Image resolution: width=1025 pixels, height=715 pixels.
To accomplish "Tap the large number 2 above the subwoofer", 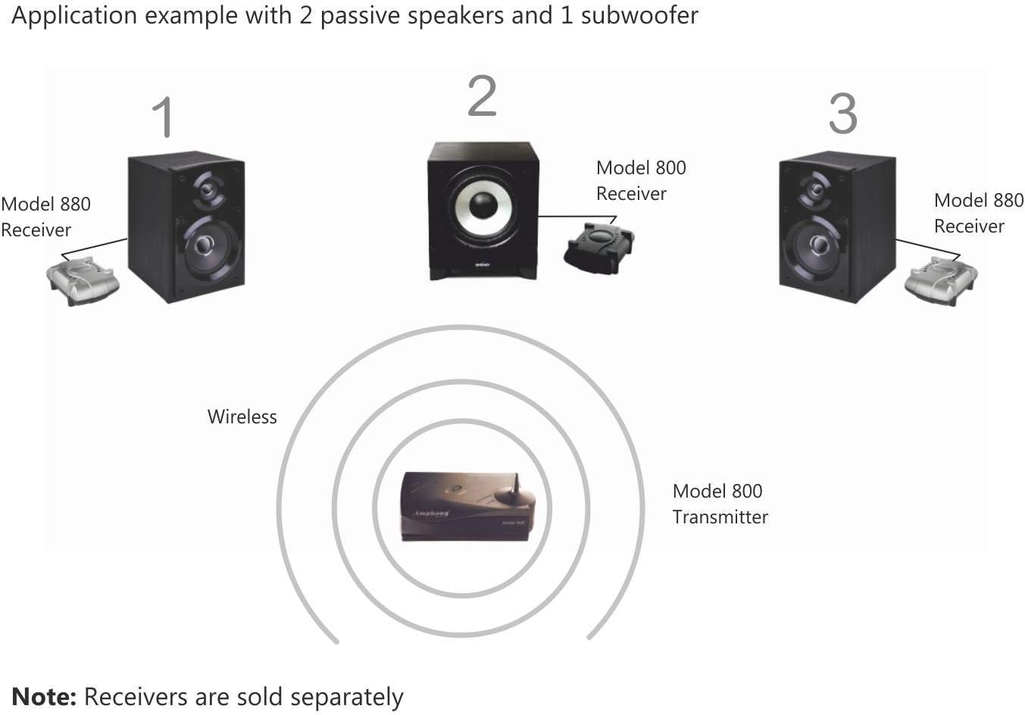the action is pyautogui.click(x=482, y=96).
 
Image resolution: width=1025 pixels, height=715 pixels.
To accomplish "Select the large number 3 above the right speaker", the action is pyautogui.click(x=842, y=114).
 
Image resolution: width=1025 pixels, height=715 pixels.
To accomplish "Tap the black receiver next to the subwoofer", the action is pyautogui.click(x=598, y=246).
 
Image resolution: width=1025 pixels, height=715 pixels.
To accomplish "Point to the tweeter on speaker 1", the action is pyautogui.click(x=207, y=189).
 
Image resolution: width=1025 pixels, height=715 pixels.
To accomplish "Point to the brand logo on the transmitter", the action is pyautogui.click(x=431, y=514).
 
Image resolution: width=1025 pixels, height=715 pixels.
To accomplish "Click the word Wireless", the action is pyautogui.click(x=242, y=417).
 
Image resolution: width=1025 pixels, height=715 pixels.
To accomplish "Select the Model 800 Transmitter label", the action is pyautogui.click(x=719, y=504).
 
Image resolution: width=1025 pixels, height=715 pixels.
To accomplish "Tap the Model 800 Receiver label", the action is pyautogui.click(x=640, y=180).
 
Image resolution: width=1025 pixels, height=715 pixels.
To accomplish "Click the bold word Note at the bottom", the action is pyautogui.click(x=44, y=696).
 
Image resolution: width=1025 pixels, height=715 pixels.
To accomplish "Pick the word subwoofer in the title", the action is pyautogui.click(x=639, y=15).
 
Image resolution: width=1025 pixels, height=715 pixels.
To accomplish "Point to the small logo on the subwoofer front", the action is pyautogui.click(x=482, y=264).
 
